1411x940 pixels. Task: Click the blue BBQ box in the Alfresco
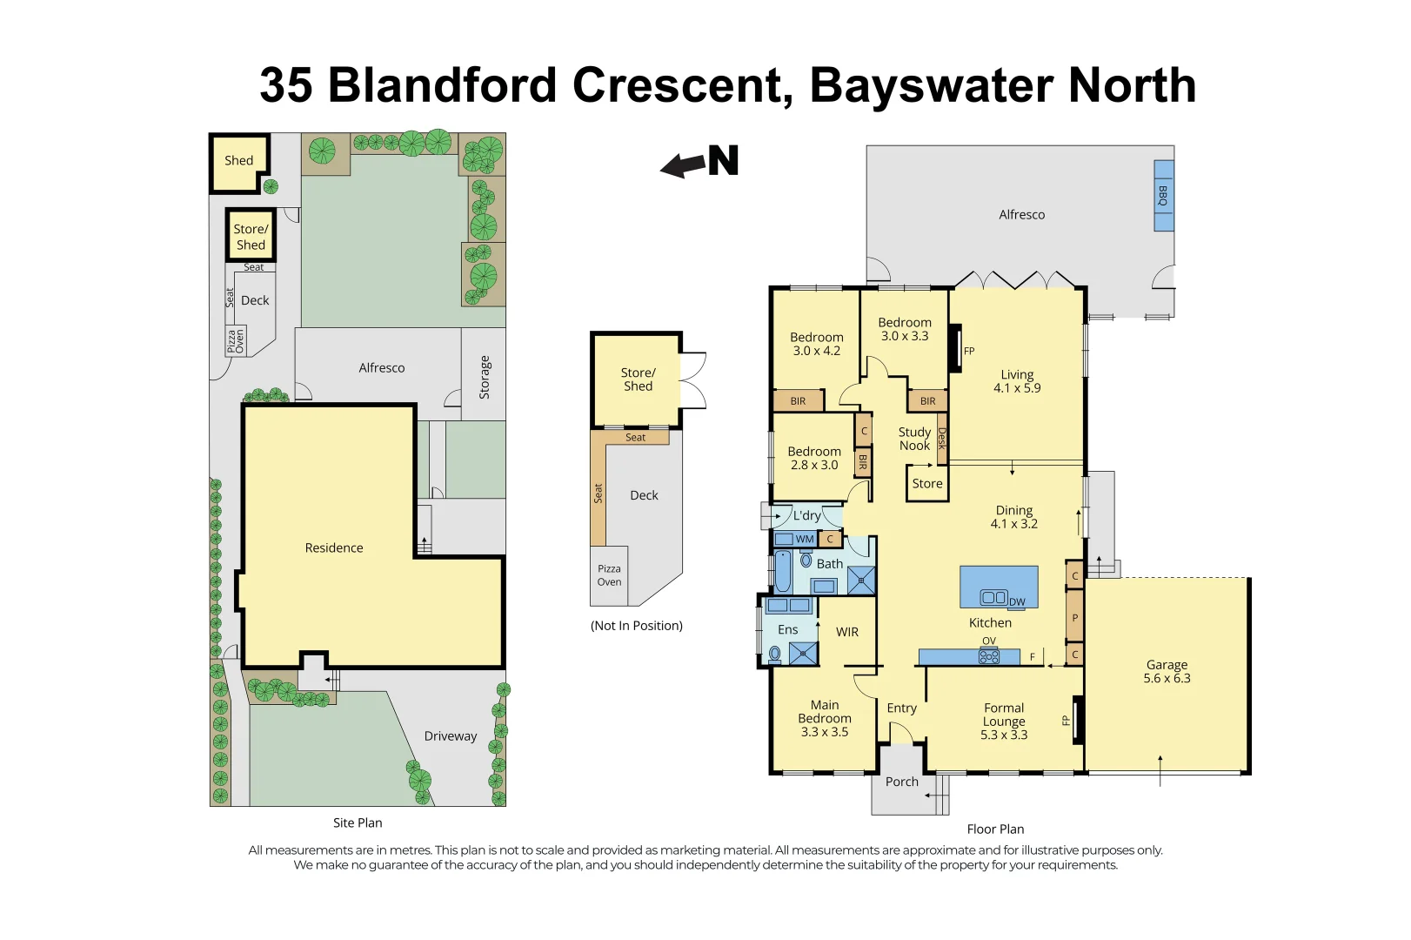pos(1163,196)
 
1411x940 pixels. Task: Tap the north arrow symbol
pos(701,162)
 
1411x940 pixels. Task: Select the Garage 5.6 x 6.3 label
pos(1167,671)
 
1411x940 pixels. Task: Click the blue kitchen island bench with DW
pos(998,587)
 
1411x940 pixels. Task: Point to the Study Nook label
pos(914,439)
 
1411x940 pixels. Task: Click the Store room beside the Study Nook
pos(927,484)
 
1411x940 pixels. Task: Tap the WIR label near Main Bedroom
pos(847,632)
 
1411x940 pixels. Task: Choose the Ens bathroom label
pos(787,629)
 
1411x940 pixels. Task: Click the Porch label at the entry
pos(901,782)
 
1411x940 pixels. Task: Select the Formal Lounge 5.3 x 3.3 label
pos(1004,722)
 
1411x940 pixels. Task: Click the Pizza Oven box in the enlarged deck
pos(609,575)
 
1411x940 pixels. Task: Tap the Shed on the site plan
pos(238,161)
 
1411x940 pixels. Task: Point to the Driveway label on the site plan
pos(450,736)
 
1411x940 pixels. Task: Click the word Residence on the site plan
pos(334,548)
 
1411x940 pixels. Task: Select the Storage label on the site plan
pos(485,378)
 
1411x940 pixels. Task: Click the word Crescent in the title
pos(682,85)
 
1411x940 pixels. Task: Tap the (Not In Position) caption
pos(636,626)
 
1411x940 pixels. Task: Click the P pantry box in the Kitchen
pos(1074,618)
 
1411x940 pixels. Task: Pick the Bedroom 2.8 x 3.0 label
pos(814,458)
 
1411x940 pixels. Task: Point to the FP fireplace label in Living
pos(969,352)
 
